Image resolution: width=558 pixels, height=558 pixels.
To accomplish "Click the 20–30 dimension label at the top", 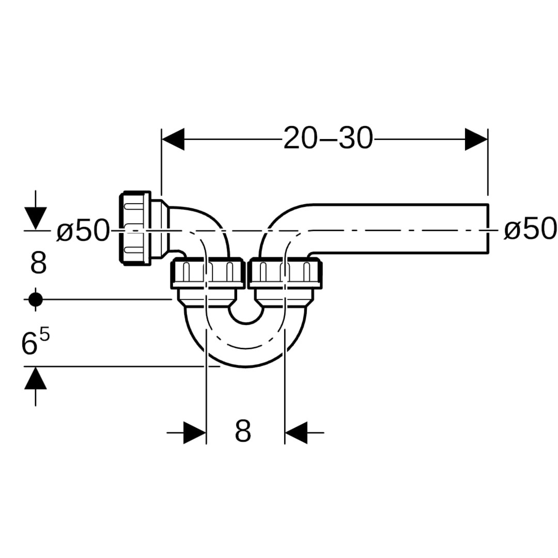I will [x=328, y=138].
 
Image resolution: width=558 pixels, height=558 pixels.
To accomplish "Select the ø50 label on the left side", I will [x=83, y=230].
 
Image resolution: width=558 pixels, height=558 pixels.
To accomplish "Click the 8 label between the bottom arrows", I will [x=243, y=431].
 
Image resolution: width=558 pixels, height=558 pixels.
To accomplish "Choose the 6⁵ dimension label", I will [x=36, y=343].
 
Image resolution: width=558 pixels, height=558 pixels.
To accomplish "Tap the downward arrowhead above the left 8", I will [x=35, y=218].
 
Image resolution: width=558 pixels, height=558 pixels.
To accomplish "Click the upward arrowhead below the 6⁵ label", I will [x=35, y=378].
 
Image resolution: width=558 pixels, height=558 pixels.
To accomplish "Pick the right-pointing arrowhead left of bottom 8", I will [x=195, y=432].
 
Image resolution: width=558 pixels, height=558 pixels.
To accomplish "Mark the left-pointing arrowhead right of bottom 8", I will [x=296, y=432].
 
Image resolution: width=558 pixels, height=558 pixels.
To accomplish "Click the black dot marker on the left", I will [x=35, y=299].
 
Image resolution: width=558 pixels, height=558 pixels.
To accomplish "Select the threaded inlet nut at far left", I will [x=136, y=229].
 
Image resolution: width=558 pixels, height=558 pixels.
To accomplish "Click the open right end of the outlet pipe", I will [x=487, y=229].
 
